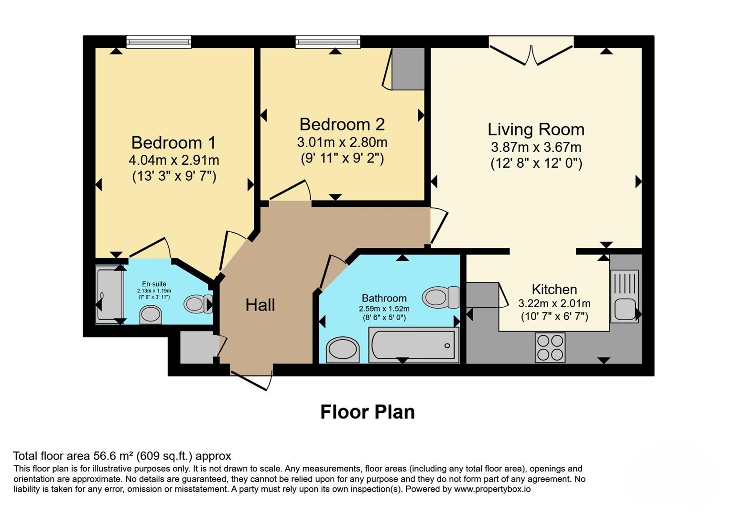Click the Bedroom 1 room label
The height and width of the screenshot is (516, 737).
pos(173,143)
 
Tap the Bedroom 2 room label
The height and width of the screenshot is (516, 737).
pos(342,125)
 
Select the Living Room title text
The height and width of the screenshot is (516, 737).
pos(536,129)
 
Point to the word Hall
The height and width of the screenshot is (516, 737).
pos(260,305)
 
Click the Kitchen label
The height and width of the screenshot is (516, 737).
pos(554,290)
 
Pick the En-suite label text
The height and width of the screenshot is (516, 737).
pos(154,284)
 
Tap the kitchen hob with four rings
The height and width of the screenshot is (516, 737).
pos(550,348)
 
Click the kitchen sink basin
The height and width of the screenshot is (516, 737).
pos(625,309)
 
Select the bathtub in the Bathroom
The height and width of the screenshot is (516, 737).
pos(414,345)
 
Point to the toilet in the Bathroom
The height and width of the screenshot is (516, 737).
pos(441,297)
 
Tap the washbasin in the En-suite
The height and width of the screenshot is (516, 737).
pos(151,315)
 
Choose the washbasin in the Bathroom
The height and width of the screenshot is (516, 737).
pos(343,350)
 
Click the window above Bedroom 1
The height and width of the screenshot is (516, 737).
pos(159,42)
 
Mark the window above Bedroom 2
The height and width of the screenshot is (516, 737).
pos(328,42)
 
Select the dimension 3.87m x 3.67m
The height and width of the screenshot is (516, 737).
pos(536,147)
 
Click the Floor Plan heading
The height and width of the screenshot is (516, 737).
pos(368,412)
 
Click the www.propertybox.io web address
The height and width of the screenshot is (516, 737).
pos(493,489)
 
